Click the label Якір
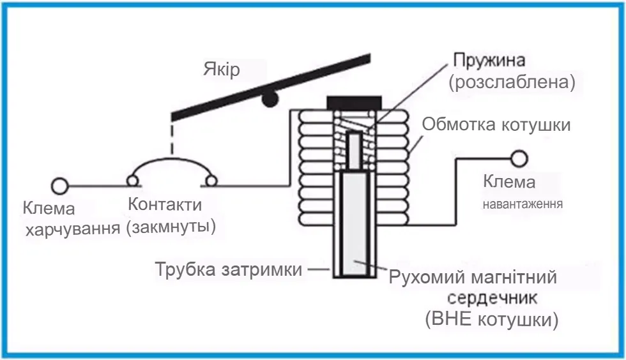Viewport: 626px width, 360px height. [x=222, y=69]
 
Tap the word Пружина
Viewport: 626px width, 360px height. [x=489, y=61]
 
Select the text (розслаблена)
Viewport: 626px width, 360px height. [x=512, y=82]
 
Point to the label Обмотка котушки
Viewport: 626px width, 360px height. [x=496, y=125]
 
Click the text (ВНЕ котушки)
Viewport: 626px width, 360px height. [x=491, y=319]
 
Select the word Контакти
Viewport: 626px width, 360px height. [x=165, y=206]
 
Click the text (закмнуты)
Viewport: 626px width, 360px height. [x=171, y=227]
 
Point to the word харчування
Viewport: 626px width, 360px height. [x=72, y=229]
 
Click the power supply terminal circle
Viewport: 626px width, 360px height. [x=60, y=186]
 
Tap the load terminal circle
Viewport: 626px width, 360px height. [x=519, y=158]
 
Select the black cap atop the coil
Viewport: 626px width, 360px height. [x=353, y=102]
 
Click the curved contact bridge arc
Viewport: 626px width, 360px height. [x=172, y=162]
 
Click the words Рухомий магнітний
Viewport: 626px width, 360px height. [x=473, y=278]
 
